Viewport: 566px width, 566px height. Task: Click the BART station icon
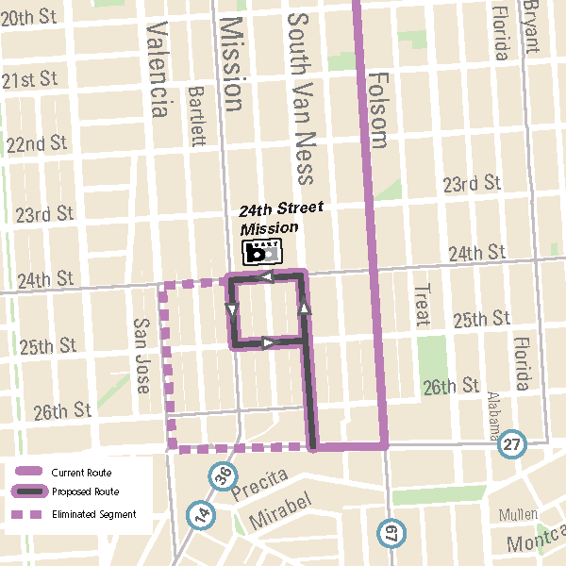click(x=261, y=252)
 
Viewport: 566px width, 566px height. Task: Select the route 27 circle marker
click(x=512, y=444)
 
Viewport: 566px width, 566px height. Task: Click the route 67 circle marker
click(x=390, y=533)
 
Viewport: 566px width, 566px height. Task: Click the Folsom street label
click(x=378, y=110)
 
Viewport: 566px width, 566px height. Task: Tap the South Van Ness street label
click(x=300, y=98)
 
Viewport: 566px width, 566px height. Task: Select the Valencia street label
click(x=158, y=71)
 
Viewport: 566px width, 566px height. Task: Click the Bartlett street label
click(x=197, y=117)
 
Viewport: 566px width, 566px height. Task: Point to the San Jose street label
click(x=141, y=355)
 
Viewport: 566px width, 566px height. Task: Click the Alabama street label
click(x=492, y=417)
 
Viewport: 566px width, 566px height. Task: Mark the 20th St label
click(x=30, y=19)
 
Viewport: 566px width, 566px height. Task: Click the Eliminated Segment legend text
click(x=93, y=515)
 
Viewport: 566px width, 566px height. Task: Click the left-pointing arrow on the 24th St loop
click(x=266, y=277)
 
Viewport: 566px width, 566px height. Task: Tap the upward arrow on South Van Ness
click(x=304, y=308)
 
